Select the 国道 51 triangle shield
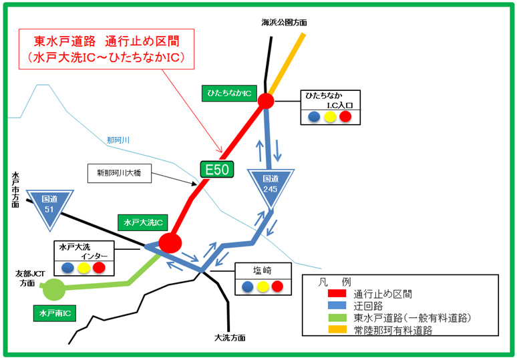click(50, 204)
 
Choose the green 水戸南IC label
click(55, 312)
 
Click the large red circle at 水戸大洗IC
click(170, 242)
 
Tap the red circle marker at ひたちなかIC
click(266, 101)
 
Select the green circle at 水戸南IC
click(54, 290)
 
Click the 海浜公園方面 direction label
click(284, 22)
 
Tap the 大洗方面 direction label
click(230, 338)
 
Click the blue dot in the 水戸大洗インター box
click(67, 268)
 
